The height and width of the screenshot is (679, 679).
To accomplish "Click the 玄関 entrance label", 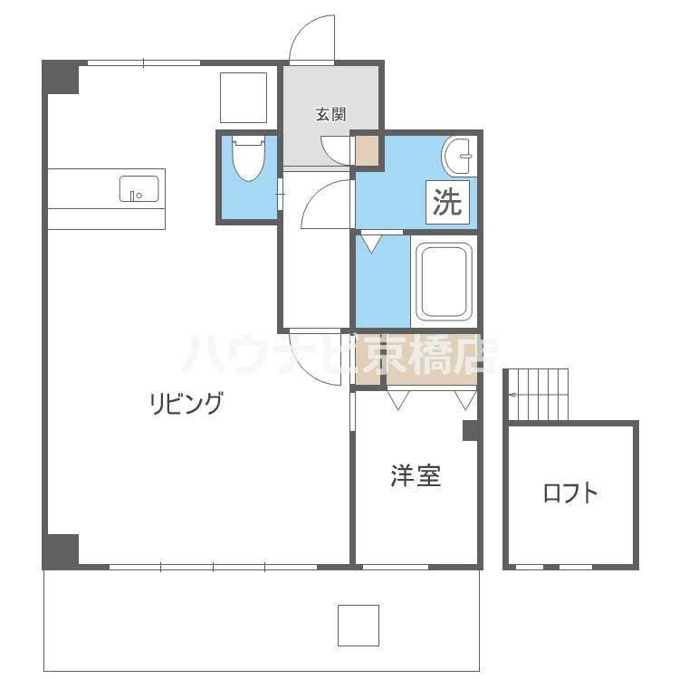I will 330,115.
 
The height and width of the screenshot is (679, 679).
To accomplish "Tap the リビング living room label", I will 186,404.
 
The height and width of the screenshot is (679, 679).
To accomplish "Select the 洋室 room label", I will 416,476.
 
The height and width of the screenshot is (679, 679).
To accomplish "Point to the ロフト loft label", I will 570,493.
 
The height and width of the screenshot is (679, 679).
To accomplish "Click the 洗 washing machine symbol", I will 446,202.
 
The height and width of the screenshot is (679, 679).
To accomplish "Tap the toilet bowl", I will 246,161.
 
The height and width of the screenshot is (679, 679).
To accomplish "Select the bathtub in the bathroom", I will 444,282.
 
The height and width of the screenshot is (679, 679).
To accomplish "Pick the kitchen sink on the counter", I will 139,189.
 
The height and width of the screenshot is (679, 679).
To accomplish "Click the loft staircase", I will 538,395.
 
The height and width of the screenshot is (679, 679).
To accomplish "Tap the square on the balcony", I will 358,625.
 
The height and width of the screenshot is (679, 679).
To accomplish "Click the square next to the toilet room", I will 244,98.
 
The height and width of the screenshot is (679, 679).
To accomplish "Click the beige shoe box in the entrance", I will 367,151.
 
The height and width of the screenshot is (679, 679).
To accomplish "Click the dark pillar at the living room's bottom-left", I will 62,550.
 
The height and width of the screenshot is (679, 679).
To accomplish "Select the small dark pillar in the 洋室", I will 470,431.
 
